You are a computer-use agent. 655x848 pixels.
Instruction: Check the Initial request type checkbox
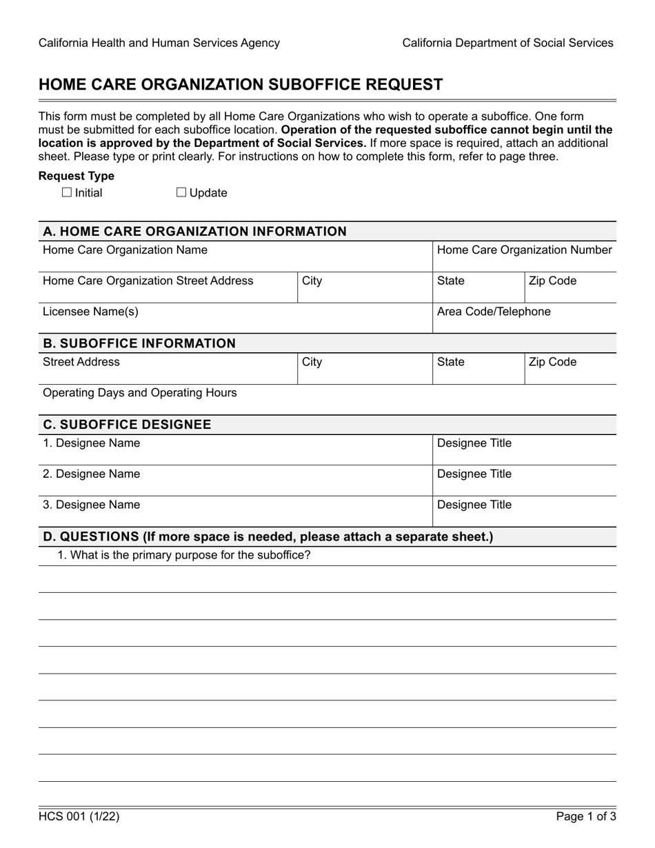pyautogui.click(x=66, y=193)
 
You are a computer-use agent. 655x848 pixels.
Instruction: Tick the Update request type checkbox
pyautogui.click(x=181, y=193)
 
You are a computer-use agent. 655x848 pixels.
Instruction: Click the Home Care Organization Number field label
pyautogui.click(x=524, y=250)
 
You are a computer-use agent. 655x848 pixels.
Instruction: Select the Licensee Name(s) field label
pyautogui.click(x=90, y=312)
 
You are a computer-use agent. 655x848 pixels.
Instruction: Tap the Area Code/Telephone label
pyautogui.click(x=494, y=312)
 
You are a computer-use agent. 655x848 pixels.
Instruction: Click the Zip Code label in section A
pyautogui.click(x=552, y=281)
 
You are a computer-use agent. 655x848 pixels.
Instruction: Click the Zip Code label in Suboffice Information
pyautogui.click(x=552, y=362)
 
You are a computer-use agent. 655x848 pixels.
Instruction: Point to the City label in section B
pyautogui.click(x=312, y=362)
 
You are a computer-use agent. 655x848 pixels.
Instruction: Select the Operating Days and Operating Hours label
pyautogui.click(x=139, y=393)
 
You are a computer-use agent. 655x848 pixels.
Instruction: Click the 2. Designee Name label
pyautogui.click(x=91, y=474)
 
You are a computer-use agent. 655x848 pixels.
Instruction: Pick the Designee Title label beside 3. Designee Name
pyautogui.click(x=474, y=505)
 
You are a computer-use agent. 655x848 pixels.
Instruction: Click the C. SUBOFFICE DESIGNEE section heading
pyautogui.click(x=127, y=425)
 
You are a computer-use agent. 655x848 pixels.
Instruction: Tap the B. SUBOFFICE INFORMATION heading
pyautogui.click(x=139, y=343)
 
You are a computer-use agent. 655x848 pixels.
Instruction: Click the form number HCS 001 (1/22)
pyautogui.click(x=79, y=817)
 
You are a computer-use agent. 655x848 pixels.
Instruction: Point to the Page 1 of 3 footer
pyautogui.click(x=586, y=817)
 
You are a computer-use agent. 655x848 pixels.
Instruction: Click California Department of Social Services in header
pyautogui.click(x=507, y=43)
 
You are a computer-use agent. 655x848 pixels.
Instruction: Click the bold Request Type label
pyautogui.click(x=77, y=176)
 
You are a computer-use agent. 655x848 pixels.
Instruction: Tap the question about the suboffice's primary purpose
pyautogui.click(x=184, y=555)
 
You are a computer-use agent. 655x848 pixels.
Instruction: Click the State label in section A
pyautogui.click(x=451, y=281)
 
